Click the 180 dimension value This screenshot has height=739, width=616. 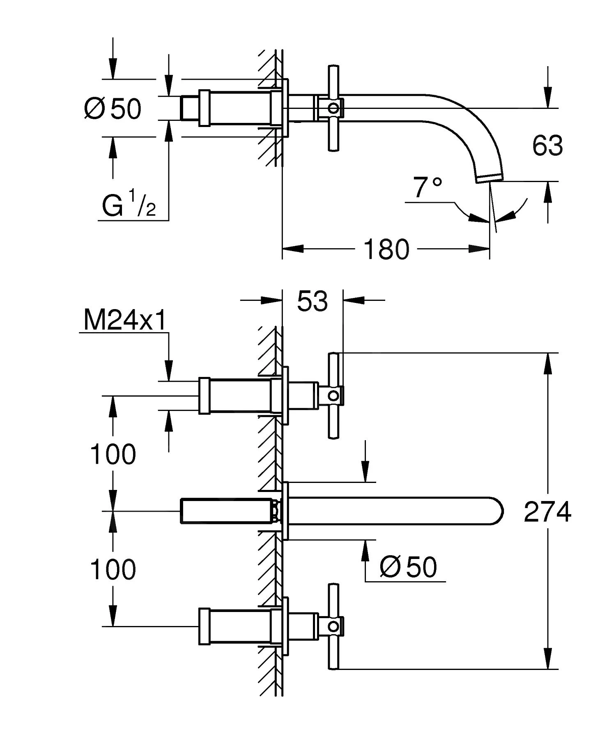click(386, 249)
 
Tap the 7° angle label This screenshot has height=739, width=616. click(428, 187)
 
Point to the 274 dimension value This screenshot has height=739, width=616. click(547, 512)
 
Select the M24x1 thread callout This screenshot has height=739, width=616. click(125, 320)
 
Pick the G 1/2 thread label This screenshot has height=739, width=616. click(129, 207)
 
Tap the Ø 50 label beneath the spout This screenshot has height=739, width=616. click(408, 568)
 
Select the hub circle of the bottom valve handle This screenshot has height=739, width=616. click(334, 626)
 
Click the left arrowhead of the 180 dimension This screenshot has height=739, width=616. click(292, 249)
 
